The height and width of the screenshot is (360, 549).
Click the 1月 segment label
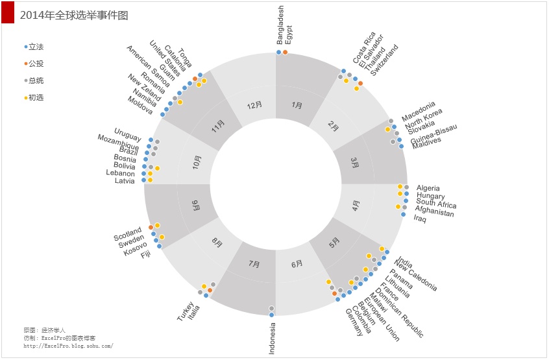[x=297, y=105]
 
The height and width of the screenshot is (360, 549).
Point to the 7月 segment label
[x=254, y=264]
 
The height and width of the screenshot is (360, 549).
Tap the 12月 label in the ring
[x=254, y=105]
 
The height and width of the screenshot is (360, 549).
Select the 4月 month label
[x=356, y=206]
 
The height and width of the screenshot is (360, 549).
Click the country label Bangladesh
[x=280, y=25]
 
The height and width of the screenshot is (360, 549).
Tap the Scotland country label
[x=127, y=234]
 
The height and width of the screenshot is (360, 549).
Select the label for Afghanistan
[x=434, y=210]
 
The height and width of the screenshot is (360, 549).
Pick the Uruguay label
[x=127, y=136]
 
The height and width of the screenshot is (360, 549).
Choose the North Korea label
[x=423, y=114]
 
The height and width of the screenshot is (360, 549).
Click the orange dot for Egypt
[x=286, y=52]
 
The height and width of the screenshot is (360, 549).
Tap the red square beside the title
[x=8, y=13]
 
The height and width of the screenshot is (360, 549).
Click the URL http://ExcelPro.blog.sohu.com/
[x=68, y=346]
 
